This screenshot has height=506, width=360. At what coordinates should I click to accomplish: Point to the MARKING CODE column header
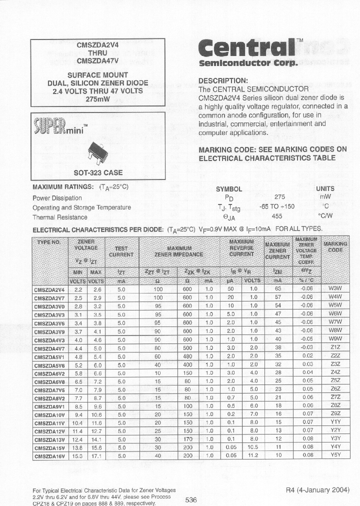click(335, 247)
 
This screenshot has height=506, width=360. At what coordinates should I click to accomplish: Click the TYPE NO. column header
click(49, 242)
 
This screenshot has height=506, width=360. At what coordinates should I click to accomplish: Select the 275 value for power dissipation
click(280, 197)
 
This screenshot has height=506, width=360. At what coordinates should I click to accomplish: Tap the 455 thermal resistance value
click(276, 216)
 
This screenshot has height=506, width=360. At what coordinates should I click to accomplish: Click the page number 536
click(191, 499)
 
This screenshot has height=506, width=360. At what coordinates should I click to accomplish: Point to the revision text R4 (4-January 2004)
click(317, 489)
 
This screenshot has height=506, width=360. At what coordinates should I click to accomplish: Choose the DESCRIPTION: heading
click(223, 80)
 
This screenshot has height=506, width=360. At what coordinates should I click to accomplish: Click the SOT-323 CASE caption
click(97, 173)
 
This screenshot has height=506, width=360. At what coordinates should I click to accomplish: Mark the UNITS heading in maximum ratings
click(325, 189)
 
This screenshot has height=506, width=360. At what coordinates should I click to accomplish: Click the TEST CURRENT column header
click(121, 251)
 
